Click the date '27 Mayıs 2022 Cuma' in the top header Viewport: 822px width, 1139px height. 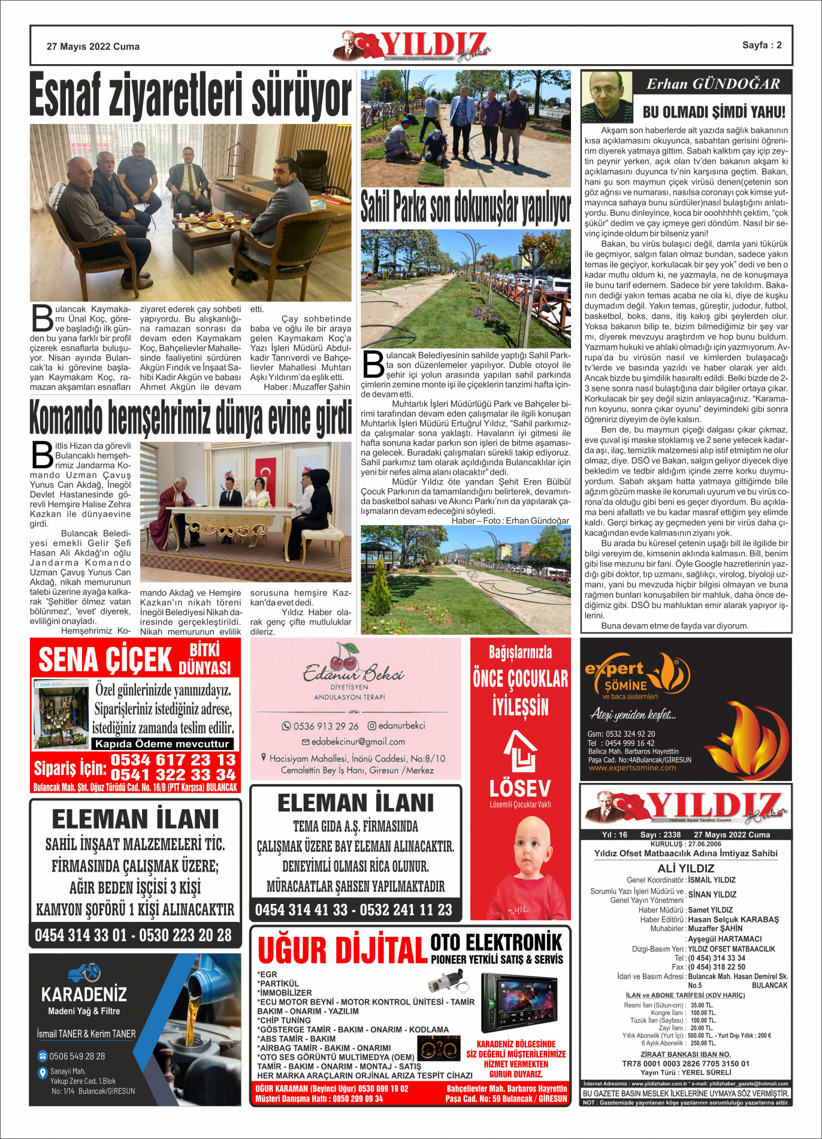pyautogui.click(x=93, y=47)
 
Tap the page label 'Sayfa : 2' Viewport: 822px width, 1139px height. pyautogui.click(x=761, y=45)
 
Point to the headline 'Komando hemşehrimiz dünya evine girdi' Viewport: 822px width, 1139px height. pyautogui.click(x=191, y=418)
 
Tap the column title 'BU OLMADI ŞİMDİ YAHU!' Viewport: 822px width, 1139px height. pyautogui.click(x=714, y=112)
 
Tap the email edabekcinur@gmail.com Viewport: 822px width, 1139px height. pyautogui.click(x=358, y=742)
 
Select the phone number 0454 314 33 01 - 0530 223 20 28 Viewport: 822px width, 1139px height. pyautogui.click(x=133, y=935)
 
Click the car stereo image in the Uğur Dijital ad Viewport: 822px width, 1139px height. pyautogui.click(x=518, y=1002)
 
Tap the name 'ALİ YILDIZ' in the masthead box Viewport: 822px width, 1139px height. pyautogui.click(x=685, y=868)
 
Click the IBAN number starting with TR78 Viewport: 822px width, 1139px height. pyautogui.click(x=685, y=1063)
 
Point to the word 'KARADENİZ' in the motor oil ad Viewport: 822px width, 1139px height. pyautogui.click(x=84, y=995)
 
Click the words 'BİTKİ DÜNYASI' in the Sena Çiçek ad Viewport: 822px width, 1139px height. pyautogui.click(x=205, y=658)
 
